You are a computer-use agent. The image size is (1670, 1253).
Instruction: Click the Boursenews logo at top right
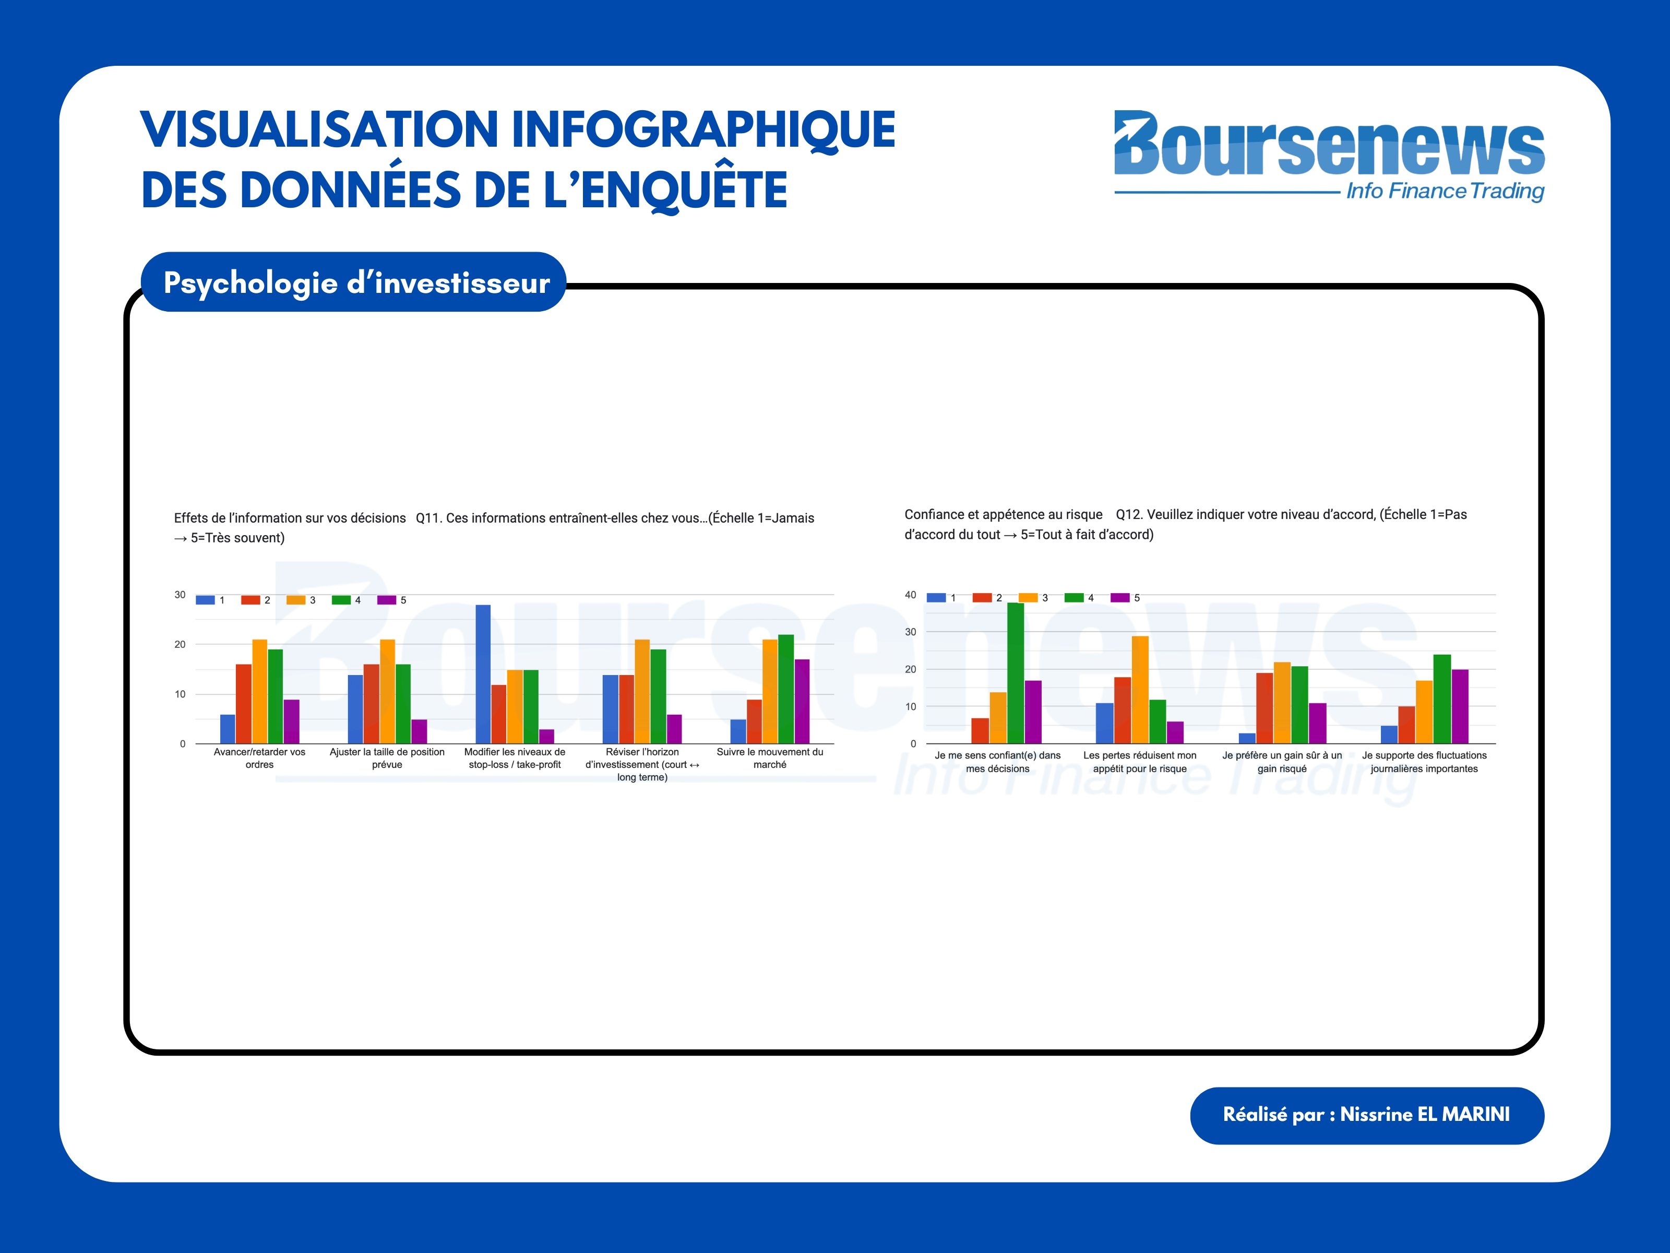click(1329, 155)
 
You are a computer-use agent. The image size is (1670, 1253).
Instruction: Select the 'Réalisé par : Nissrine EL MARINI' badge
click(1366, 1115)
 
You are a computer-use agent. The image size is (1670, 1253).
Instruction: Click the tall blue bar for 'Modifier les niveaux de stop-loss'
click(483, 673)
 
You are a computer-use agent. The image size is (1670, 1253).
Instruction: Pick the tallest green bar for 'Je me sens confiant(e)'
click(1016, 672)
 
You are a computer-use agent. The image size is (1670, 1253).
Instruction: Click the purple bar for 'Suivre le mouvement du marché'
click(802, 701)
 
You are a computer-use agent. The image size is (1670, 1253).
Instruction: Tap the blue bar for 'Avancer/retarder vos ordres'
click(227, 729)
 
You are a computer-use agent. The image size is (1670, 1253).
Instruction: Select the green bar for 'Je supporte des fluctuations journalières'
click(1442, 699)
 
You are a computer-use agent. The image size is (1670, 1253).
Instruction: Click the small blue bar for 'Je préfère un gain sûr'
click(1247, 738)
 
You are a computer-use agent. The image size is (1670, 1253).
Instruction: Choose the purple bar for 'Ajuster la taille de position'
click(419, 731)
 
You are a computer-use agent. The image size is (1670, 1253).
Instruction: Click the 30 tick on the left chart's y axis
click(180, 595)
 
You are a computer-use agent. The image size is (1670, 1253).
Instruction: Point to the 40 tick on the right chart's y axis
click(911, 595)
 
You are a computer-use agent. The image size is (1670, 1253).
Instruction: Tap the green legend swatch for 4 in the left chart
click(341, 600)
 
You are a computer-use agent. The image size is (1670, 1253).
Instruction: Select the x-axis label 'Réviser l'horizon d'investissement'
click(642, 764)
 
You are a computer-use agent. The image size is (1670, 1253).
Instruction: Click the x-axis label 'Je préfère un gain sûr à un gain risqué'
click(1282, 762)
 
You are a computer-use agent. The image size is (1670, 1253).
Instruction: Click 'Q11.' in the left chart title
click(428, 518)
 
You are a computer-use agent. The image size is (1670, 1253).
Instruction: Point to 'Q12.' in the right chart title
click(1129, 514)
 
